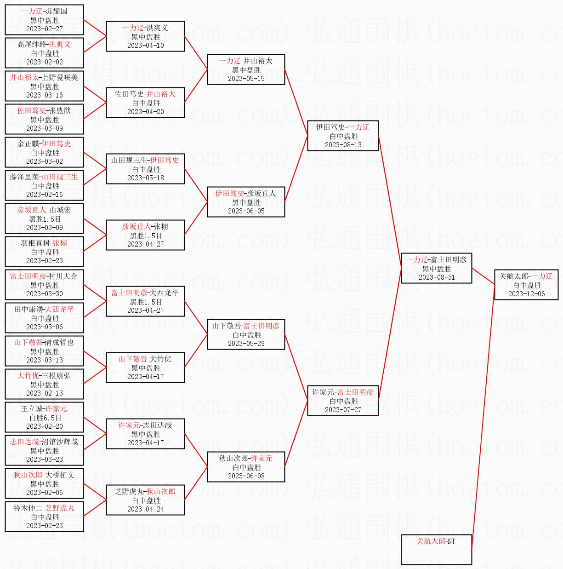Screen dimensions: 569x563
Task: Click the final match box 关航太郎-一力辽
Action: click(x=526, y=285)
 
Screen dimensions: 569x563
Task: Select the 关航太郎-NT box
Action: click(x=436, y=549)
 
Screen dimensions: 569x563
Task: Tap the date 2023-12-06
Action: click(x=526, y=294)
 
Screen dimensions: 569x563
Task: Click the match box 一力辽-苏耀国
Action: click(x=44, y=20)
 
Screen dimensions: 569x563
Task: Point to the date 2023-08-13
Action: click(x=343, y=145)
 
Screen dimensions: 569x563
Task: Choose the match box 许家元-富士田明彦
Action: click(x=343, y=401)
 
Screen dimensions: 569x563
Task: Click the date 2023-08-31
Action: click(x=436, y=277)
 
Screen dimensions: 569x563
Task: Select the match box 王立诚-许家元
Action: click(x=44, y=417)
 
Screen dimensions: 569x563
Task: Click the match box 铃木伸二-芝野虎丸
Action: click(x=44, y=517)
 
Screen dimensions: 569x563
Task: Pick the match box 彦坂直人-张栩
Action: click(x=145, y=235)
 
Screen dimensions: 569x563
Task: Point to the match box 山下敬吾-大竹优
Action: click(x=145, y=368)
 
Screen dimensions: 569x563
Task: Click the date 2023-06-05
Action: click(x=246, y=211)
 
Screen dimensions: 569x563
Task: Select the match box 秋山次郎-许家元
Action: click(x=246, y=467)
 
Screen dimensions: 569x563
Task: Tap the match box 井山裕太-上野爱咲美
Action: click(x=44, y=86)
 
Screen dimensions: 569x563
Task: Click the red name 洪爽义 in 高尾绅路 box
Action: click(x=60, y=45)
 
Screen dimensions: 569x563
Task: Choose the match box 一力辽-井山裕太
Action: click(x=246, y=69)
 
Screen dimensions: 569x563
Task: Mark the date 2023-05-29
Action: click(x=246, y=344)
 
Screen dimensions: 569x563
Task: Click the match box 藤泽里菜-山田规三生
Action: click(x=44, y=185)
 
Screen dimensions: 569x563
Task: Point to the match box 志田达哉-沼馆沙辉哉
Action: click(x=44, y=450)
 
